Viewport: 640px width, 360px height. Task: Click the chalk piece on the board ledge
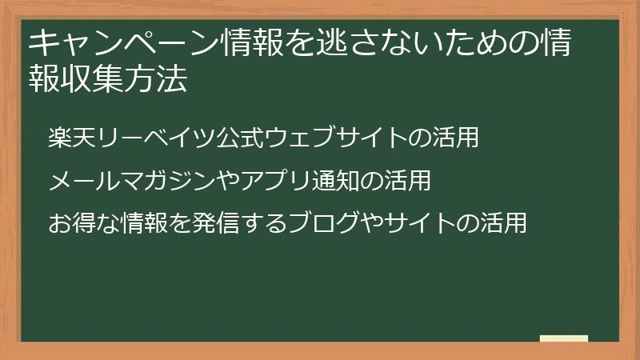point(563,338)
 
